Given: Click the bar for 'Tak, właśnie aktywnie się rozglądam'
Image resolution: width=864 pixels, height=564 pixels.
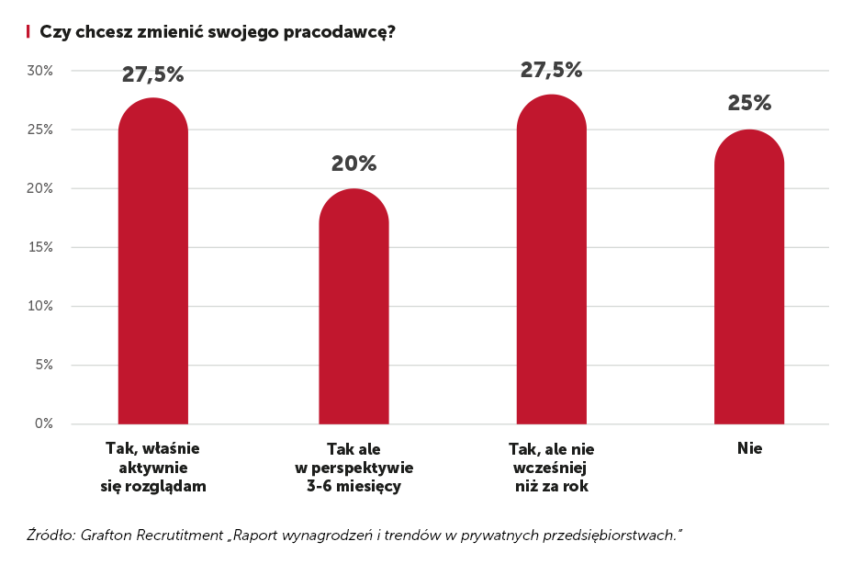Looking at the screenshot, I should (x=153, y=266).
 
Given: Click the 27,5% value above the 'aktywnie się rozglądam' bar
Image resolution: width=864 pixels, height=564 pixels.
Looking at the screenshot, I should (x=153, y=75).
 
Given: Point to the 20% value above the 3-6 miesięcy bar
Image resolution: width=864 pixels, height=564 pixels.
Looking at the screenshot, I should (x=353, y=164).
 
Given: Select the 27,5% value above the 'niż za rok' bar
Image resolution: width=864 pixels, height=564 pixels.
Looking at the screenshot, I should (x=551, y=70).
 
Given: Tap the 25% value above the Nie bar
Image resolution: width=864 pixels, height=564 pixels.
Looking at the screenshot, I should (x=749, y=103).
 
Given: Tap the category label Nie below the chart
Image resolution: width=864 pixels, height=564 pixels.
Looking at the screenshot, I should (x=749, y=449).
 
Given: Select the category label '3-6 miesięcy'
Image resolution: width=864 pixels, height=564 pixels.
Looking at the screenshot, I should (x=353, y=486).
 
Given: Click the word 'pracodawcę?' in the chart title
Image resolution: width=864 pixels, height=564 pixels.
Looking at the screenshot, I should (x=352, y=32).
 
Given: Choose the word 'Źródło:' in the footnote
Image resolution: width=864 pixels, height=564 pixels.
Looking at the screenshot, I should (x=50, y=534).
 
